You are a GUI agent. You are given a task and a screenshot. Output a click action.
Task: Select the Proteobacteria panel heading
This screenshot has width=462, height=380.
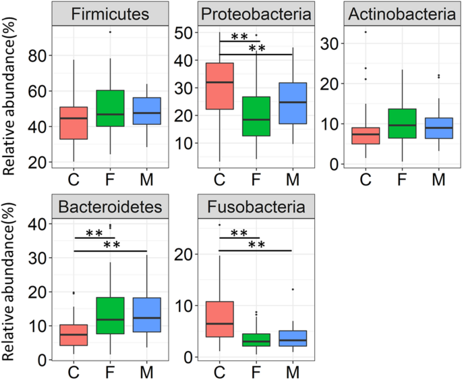tap(257, 14)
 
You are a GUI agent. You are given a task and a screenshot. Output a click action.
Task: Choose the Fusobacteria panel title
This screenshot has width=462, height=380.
tap(257, 208)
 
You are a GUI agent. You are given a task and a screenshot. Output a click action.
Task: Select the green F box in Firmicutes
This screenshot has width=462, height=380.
tap(110, 108)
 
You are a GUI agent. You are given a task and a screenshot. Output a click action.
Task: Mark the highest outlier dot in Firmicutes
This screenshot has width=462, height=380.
tap(110, 32)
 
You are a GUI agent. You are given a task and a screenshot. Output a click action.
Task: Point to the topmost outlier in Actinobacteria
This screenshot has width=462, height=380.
tap(365, 32)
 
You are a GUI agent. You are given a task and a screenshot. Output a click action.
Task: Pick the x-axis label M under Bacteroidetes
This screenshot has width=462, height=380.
tap(148, 371)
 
